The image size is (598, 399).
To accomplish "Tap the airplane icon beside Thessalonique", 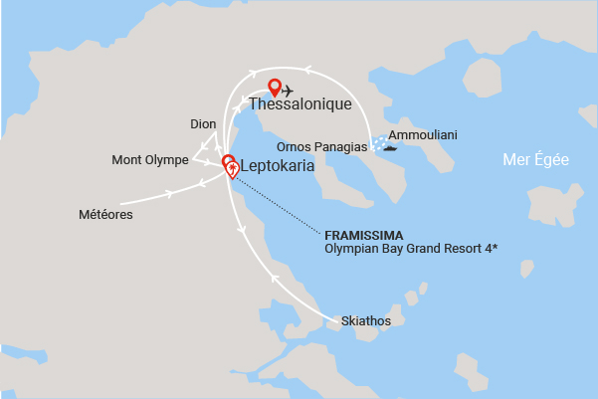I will point(289,92).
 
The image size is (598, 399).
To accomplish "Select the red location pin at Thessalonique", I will point(275,88).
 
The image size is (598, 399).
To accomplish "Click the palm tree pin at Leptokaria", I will point(232,170).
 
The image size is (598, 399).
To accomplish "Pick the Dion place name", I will point(202,124).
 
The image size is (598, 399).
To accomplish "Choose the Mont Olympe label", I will point(146,158).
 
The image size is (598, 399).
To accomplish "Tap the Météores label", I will point(105,214).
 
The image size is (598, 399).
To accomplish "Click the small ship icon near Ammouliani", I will point(386,151).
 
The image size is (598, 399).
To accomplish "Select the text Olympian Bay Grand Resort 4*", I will point(411,248).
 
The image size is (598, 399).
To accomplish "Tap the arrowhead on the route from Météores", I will point(170,192).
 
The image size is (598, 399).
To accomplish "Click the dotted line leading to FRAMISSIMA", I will point(279,204).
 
